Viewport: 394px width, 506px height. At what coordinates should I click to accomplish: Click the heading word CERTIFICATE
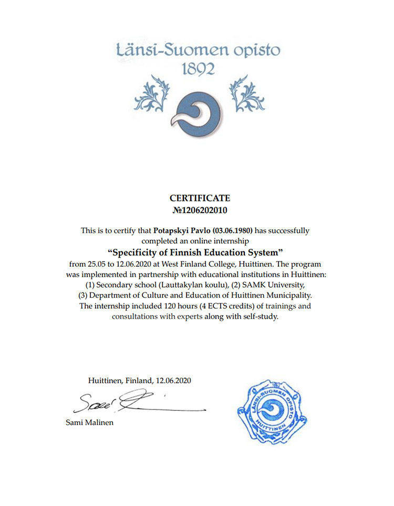pos(200,198)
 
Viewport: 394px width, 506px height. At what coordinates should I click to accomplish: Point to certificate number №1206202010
pos(200,210)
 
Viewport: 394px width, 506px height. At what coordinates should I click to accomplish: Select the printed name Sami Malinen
pos(89,422)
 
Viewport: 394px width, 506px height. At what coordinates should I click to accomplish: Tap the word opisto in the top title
pos(253,51)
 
